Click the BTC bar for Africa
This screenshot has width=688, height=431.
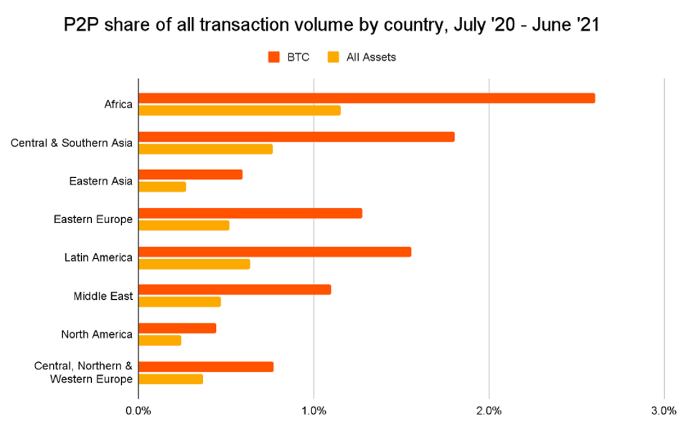[x=367, y=98]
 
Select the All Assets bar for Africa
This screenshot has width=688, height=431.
[x=240, y=110]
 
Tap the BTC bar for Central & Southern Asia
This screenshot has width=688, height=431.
[x=296, y=137]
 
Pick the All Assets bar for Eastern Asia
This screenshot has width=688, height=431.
[x=162, y=186]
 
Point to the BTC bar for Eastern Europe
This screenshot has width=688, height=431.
[x=250, y=213]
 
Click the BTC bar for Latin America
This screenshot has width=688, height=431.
[x=275, y=252]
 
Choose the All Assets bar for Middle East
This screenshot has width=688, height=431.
[x=180, y=302]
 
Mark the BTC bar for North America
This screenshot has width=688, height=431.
[x=177, y=328]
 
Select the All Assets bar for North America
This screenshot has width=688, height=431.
[x=160, y=340]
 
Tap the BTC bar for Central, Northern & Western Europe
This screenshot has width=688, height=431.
[x=206, y=367]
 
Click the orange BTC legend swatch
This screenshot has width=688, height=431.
[x=274, y=57]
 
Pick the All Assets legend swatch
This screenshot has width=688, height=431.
[x=334, y=57]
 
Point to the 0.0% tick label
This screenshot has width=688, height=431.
[x=138, y=411]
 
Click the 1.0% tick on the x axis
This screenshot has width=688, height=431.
[x=314, y=411]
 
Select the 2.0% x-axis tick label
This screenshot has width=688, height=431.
[x=489, y=411]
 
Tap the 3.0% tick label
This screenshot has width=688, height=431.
[x=664, y=411]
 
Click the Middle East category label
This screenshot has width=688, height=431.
[x=103, y=296]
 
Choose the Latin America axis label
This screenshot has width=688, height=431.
[x=98, y=257]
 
